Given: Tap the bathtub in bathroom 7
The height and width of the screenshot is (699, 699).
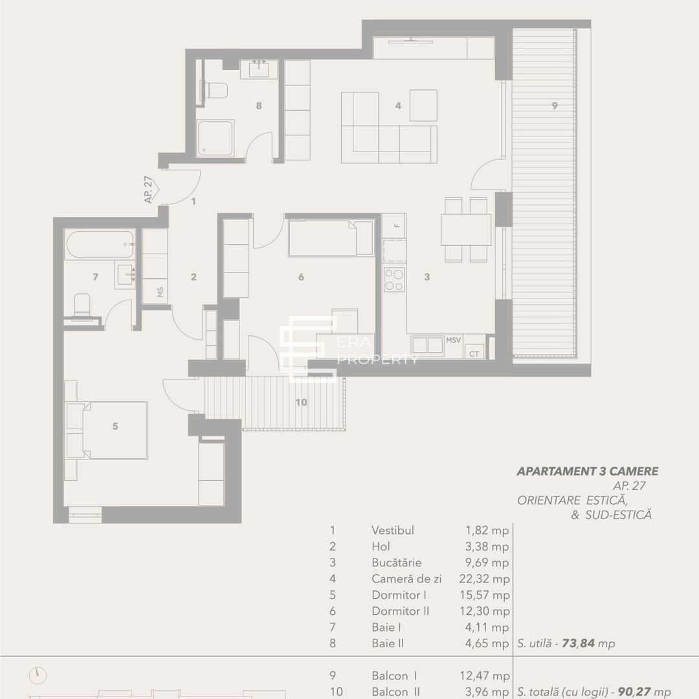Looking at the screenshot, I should [x=99, y=245].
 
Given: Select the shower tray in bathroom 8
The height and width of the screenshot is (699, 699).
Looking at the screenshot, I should [x=215, y=138].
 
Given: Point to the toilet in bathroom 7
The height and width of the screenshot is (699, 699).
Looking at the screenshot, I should [x=82, y=305].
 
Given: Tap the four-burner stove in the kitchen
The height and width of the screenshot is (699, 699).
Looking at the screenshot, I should [x=394, y=279].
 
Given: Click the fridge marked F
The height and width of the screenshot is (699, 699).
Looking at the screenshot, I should [x=394, y=226].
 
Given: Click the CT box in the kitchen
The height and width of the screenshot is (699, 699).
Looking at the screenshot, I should [x=474, y=352].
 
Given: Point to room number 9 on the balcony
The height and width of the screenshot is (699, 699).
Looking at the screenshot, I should [x=555, y=106].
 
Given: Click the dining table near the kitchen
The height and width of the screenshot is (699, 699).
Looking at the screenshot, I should [x=466, y=230].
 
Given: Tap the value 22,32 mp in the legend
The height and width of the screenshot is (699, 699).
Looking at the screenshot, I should [x=483, y=579].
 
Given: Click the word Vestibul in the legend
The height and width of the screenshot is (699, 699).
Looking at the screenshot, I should [x=392, y=530].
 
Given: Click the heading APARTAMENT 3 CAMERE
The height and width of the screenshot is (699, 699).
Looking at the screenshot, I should [x=587, y=471].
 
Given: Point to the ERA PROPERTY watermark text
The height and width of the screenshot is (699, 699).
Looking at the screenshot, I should [x=379, y=353].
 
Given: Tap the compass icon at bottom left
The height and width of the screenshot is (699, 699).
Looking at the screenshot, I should [x=38, y=676].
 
